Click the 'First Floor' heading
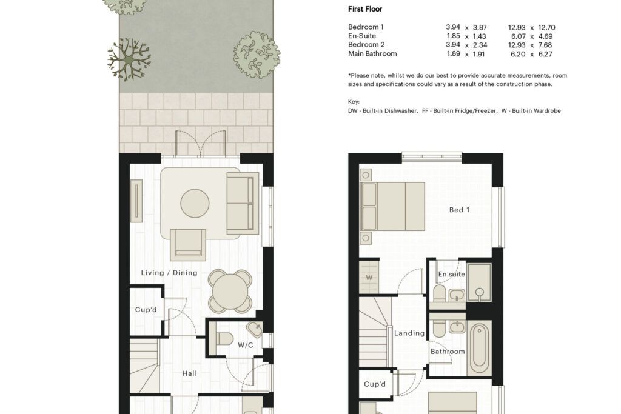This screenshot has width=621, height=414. pyautogui.click(x=365, y=9)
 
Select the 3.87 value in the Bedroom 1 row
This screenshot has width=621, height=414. pyautogui.click(x=480, y=27)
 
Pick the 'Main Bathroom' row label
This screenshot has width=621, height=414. pyautogui.click(x=372, y=53)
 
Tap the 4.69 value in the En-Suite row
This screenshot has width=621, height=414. pyautogui.click(x=545, y=36)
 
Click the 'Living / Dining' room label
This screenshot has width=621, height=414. pyautogui.click(x=169, y=273)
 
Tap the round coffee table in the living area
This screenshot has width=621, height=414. pyautogui.click(x=195, y=204)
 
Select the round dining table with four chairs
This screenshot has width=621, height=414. pyautogui.click(x=230, y=291)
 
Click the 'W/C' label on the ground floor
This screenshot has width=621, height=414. pyautogui.click(x=246, y=345)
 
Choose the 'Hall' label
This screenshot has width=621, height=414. pyautogui.click(x=190, y=373)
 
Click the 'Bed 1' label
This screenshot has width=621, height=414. pyautogui.click(x=460, y=210)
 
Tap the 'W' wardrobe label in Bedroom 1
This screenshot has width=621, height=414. pyautogui.click(x=369, y=278)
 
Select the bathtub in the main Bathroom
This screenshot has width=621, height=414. pyautogui.click(x=479, y=347)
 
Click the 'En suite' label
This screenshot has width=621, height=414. pyautogui.click(x=451, y=274)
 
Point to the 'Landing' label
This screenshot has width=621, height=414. pyautogui.click(x=409, y=333)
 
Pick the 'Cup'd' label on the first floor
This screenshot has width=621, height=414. pyautogui.click(x=375, y=384)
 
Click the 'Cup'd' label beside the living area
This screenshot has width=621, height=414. pyautogui.click(x=146, y=310)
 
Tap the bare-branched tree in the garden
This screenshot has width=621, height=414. pyautogui.click(x=129, y=59)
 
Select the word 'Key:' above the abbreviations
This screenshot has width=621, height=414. pyautogui.click(x=354, y=102)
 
